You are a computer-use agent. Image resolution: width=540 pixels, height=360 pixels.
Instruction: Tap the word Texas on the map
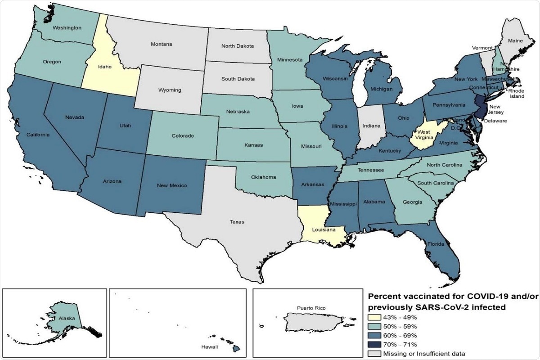238,221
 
